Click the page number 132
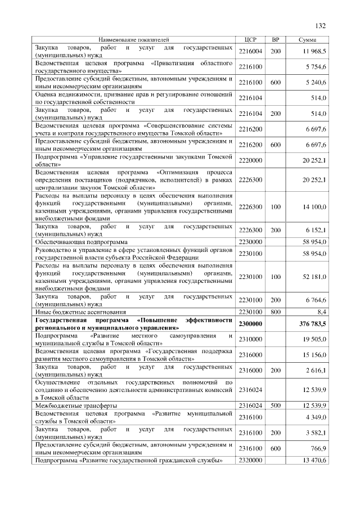pos(321,26)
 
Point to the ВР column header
pos(276,40)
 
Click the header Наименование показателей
pos(134,40)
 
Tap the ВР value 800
pos(276,310)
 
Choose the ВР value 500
pos(276,405)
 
